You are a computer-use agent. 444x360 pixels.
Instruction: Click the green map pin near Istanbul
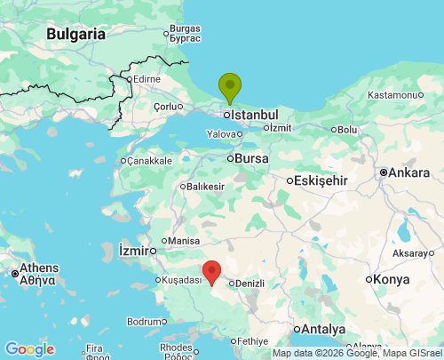pyautogui.click(x=230, y=87)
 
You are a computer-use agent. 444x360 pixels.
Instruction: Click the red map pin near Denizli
pyautogui.click(x=211, y=271)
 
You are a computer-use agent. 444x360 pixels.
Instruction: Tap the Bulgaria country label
pyautogui.click(x=75, y=35)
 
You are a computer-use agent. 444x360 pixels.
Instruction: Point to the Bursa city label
pyautogui.click(x=252, y=158)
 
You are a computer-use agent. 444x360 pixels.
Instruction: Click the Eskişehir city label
pyautogui.click(x=321, y=180)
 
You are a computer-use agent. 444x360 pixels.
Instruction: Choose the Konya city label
pyautogui.click(x=392, y=279)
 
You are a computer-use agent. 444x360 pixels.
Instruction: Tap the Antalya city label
pyautogui.click(x=322, y=329)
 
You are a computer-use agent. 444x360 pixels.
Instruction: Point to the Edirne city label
pyautogui.click(x=147, y=79)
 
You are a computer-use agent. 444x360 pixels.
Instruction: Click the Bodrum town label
pyautogui.click(x=146, y=321)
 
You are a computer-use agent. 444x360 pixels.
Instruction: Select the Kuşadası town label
pyautogui.click(x=181, y=280)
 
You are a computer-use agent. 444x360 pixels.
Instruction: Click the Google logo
pyautogui.click(x=29, y=349)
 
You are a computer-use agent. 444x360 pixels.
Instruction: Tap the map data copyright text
pyautogui.click(x=356, y=353)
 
